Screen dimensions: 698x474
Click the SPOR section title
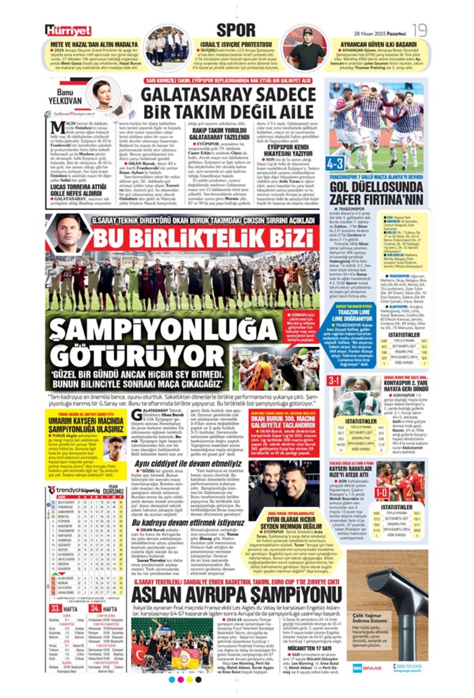tap(236, 30)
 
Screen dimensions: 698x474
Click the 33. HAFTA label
tap(64, 609)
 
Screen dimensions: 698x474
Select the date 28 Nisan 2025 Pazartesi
tap(380, 33)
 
